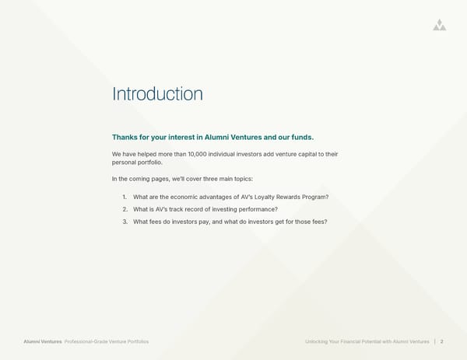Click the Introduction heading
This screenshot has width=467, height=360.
[157, 94]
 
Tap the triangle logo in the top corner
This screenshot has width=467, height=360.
[440, 25]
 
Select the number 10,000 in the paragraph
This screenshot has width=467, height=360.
[202, 154]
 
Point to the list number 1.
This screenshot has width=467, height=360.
[125, 197]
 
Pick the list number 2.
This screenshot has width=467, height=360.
[125, 209]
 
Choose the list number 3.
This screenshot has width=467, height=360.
[125, 222]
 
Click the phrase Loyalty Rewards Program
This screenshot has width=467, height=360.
[293, 197]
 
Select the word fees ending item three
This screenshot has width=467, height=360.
[319, 222]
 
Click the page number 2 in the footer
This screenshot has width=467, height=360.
[442, 341]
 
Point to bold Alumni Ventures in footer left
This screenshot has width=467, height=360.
[43, 341]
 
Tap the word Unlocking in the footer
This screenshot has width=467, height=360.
[320, 341]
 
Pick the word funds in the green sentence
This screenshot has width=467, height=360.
[300, 138]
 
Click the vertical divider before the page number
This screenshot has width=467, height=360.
[434, 341]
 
